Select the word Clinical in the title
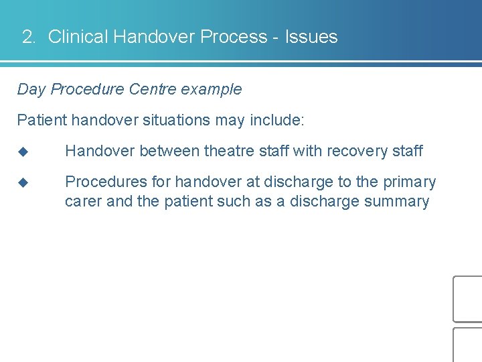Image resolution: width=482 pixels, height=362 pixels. click(x=78, y=37)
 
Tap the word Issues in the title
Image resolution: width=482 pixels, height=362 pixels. click(x=311, y=37)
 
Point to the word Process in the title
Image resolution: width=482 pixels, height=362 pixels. click(x=234, y=37)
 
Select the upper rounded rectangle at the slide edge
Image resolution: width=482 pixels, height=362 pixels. click(x=468, y=299)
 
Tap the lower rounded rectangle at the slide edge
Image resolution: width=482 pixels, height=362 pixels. click(x=468, y=345)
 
